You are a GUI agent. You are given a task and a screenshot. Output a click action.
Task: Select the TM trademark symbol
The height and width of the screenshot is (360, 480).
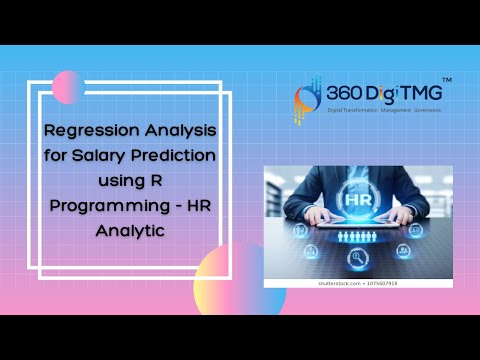pos(446,79)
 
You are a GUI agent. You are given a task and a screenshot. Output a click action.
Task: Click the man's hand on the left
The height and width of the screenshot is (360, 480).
pos(316,214)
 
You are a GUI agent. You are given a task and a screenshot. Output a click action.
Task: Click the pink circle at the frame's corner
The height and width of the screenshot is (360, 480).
pos(68,88)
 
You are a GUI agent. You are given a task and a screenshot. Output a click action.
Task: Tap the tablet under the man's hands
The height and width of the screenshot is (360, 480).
pos(358,223)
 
